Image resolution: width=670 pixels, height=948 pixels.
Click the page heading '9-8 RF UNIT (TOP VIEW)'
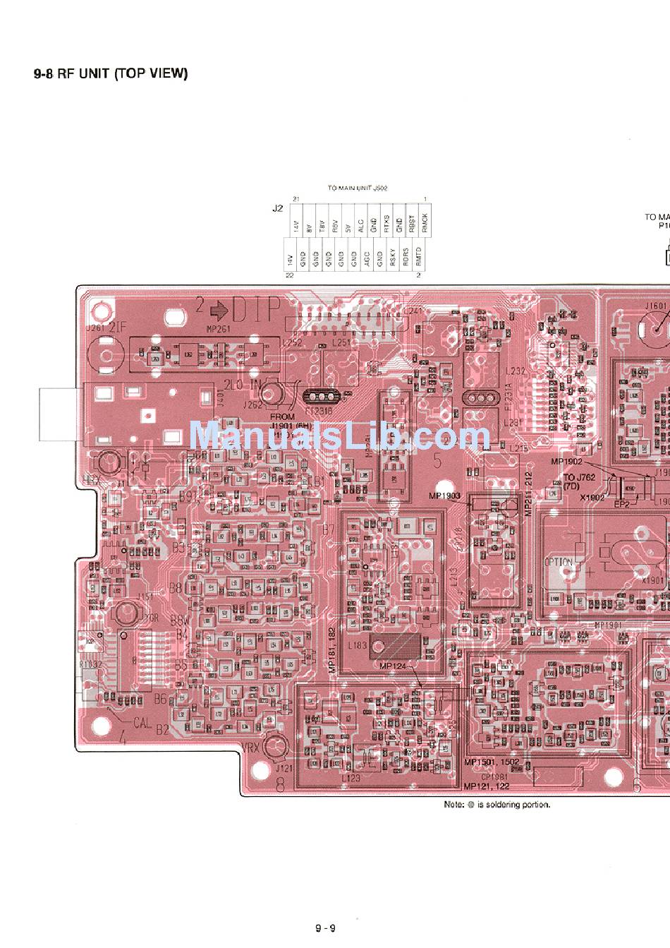(x=111, y=73)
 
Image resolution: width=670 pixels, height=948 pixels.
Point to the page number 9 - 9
(x=325, y=928)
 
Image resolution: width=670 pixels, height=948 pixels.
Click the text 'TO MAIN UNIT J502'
(x=358, y=188)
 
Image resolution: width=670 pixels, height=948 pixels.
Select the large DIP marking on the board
(x=256, y=308)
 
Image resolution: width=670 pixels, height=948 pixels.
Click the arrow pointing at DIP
(x=218, y=308)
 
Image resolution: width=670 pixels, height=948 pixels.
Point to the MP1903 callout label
(x=444, y=496)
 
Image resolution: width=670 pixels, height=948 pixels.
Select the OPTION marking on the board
(x=559, y=563)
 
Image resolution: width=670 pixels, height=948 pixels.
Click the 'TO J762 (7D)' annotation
(x=579, y=482)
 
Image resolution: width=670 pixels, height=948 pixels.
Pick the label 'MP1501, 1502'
(x=492, y=762)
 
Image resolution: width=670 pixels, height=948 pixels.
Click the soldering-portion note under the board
(x=497, y=804)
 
